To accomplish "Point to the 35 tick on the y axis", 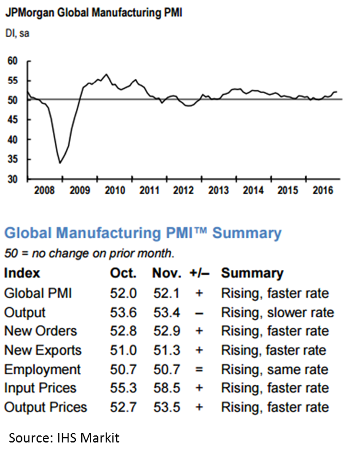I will [x=12, y=159].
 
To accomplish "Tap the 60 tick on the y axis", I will [x=12, y=61].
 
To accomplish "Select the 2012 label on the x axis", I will [x=183, y=190].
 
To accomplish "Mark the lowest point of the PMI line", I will [x=59, y=163].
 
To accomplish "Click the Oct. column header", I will [x=124, y=274].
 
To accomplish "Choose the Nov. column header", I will [x=166, y=274].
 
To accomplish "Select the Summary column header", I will [x=252, y=274].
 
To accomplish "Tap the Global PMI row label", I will [x=38, y=293].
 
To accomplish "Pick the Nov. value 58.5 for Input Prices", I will [x=166, y=388].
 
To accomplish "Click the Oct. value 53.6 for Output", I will [x=124, y=312].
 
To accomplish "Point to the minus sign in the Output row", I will [x=199, y=312].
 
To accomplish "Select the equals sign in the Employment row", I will [x=199, y=370].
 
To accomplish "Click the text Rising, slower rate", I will [x=277, y=312].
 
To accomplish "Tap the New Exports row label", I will [x=43, y=351].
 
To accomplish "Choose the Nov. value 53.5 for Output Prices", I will [x=166, y=407].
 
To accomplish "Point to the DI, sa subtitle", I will [x=18, y=34].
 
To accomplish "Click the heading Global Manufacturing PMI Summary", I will [x=143, y=233].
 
